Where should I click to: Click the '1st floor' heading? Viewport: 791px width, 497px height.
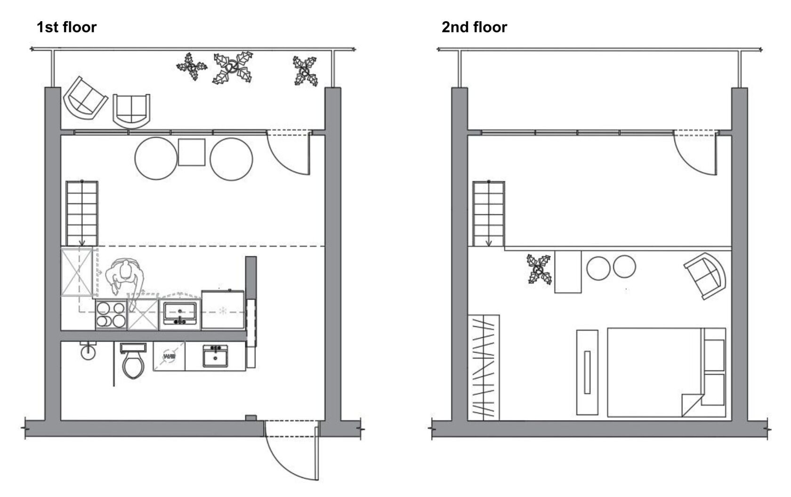[66, 27]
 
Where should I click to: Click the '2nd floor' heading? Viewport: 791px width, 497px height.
[474, 27]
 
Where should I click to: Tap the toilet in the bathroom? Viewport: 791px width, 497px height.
[133, 360]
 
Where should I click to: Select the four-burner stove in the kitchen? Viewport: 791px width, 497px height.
[111, 314]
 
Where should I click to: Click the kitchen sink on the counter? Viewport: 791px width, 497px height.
[180, 313]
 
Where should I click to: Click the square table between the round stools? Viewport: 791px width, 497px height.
[191, 152]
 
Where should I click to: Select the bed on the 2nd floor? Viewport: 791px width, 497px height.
[666, 372]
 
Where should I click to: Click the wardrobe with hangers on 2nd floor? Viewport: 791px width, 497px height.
[484, 367]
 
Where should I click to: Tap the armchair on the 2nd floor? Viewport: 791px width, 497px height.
[705, 276]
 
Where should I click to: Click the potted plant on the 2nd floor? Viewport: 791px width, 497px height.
[539, 269]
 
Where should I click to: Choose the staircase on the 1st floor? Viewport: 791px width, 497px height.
[82, 213]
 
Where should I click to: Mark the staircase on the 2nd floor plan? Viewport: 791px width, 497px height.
[489, 213]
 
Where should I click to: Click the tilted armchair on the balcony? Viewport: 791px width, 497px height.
[86, 98]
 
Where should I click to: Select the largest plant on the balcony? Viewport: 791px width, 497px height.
[233, 67]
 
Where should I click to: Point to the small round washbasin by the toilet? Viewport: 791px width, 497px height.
[88, 351]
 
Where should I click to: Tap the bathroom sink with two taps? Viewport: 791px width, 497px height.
[215, 356]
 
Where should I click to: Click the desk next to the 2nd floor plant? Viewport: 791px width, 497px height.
[568, 272]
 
